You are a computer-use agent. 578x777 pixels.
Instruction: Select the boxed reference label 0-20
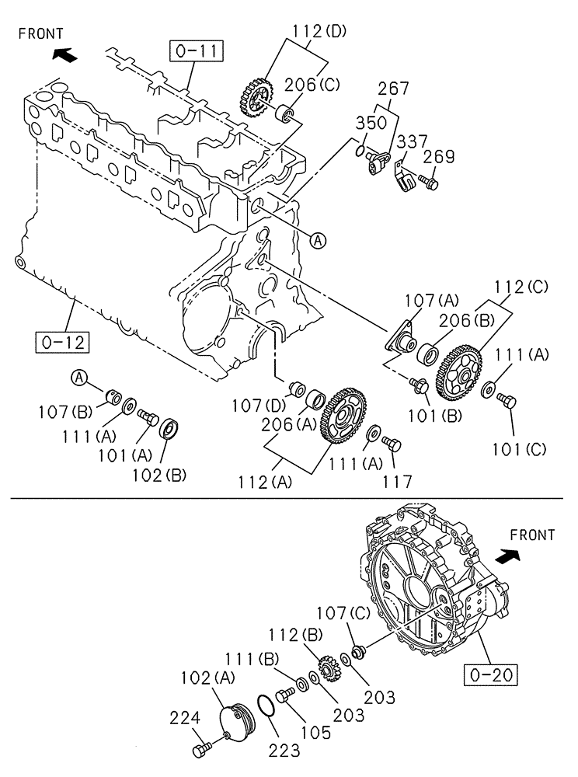pos(493,674)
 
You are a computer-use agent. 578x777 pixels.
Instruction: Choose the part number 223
pos(284,750)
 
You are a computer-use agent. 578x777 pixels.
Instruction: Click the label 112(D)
pos(319,32)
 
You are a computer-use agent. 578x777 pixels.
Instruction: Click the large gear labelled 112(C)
pos(460,371)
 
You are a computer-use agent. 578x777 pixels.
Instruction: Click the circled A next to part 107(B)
pos(79,377)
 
